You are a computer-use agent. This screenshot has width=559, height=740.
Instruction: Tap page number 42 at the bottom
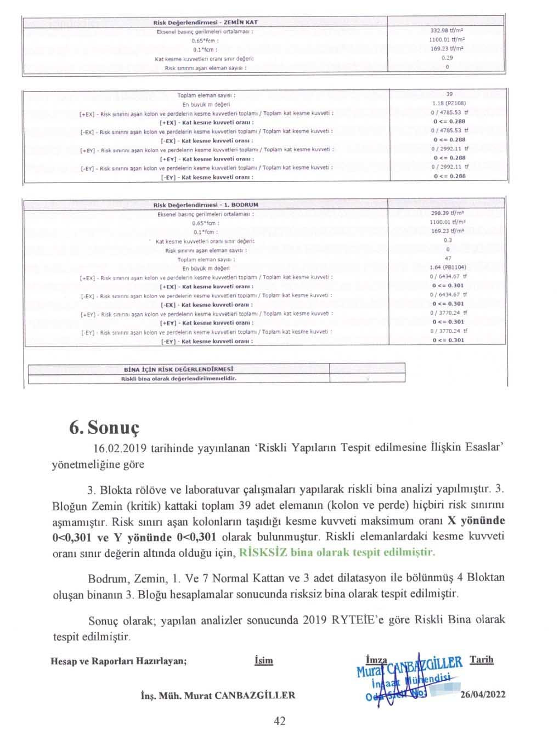[279, 721]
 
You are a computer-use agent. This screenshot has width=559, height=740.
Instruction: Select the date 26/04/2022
[483, 695]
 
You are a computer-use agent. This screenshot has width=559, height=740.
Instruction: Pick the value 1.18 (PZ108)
[449, 103]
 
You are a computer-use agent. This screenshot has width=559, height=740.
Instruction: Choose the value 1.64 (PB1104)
[448, 267]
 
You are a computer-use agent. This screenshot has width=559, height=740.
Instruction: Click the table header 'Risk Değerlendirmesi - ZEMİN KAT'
[205, 22]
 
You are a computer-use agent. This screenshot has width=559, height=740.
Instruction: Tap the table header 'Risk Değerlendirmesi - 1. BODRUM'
[205, 204]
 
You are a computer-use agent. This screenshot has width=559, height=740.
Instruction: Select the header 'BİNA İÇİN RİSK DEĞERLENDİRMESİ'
[179, 369]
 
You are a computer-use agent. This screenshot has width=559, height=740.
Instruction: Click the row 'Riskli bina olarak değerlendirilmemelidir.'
[179, 378]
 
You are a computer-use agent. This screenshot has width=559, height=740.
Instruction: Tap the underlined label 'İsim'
[264, 661]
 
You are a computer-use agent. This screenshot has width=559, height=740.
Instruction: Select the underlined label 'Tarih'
[482, 659]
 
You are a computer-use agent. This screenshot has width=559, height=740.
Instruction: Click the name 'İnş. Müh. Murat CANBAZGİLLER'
[218, 695]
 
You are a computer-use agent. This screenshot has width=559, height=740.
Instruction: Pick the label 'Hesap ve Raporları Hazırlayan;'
[118, 661]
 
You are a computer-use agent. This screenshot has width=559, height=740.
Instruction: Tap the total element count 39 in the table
[448, 94]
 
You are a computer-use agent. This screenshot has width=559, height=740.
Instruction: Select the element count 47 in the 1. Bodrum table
[448, 258]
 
